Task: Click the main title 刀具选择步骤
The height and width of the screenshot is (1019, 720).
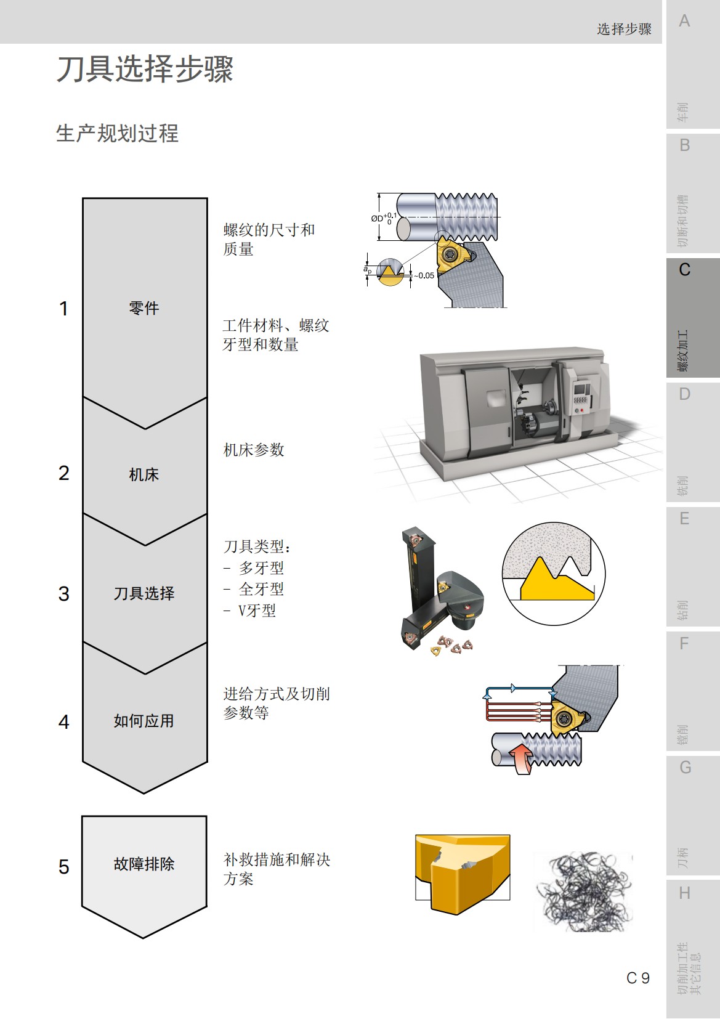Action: [145, 69]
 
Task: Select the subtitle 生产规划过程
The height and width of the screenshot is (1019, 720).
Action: [117, 133]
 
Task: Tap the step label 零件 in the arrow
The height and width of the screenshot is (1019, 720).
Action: [144, 308]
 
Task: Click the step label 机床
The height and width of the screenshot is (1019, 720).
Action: [144, 474]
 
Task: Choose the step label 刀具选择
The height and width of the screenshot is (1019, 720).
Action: [144, 593]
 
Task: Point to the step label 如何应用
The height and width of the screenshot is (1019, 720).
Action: [144, 721]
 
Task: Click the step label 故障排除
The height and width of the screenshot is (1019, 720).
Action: [144, 864]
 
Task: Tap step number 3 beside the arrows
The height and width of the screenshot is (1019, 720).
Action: [63, 594]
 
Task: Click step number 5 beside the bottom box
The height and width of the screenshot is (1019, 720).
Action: [63, 867]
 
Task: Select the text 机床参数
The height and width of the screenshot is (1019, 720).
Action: [254, 450]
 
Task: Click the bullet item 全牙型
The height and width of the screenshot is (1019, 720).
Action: [261, 589]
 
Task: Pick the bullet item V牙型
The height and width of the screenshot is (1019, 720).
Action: [257, 611]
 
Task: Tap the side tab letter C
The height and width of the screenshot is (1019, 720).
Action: [684, 270]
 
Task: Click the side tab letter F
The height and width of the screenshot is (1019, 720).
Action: [684, 644]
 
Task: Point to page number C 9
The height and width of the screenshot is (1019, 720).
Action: [638, 978]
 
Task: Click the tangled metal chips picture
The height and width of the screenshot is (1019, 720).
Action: [583, 891]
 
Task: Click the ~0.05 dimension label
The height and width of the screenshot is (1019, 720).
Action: [424, 275]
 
